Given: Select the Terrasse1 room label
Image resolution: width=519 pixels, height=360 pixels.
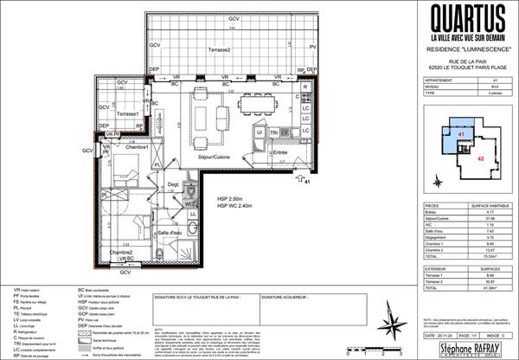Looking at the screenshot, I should (129, 114).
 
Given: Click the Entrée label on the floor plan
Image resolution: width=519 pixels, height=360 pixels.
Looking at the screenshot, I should (279, 151).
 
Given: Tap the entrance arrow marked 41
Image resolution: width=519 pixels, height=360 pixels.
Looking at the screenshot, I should (299, 180).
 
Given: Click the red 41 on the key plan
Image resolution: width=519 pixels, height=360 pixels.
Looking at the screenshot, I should (462, 136).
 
